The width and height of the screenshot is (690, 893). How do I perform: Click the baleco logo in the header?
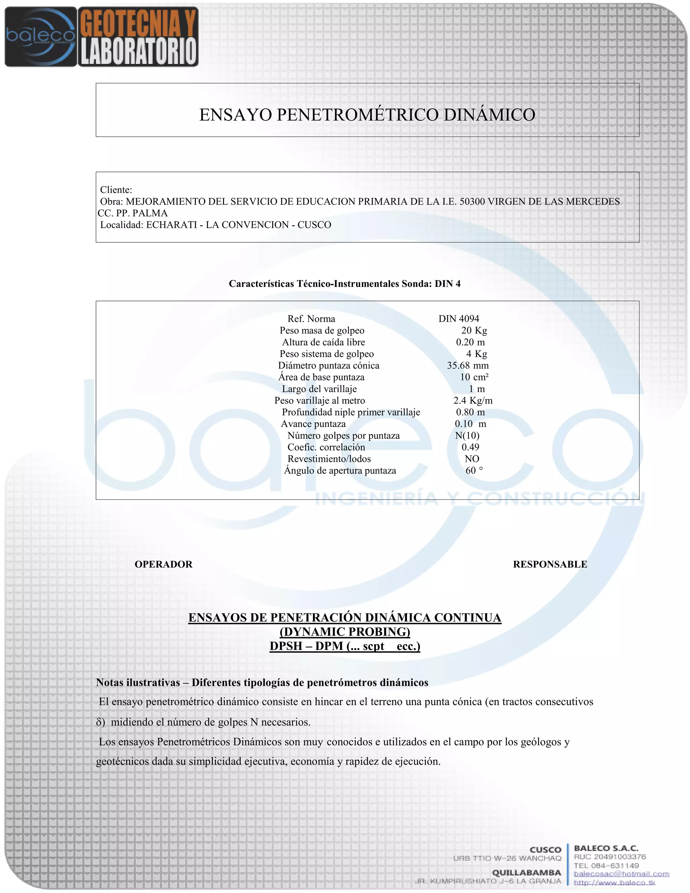pyautogui.click(x=40, y=37)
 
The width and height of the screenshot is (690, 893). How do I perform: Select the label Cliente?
pyautogui.click(x=116, y=190)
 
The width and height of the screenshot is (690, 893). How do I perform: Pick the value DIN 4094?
pyautogui.click(x=459, y=319)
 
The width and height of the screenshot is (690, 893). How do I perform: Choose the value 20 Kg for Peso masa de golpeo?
pyautogui.click(x=474, y=330)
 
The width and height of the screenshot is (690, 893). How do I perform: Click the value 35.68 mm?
pyautogui.click(x=468, y=366)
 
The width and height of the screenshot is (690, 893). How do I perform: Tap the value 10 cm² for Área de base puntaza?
pyautogui.click(x=474, y=377)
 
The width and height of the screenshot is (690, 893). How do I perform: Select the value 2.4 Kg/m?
pyautogui.click(x=473, y=401)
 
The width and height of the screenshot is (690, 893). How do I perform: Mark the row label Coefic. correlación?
pyautogui.click(x=326, y=447)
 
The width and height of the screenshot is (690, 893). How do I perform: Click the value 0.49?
pyautogui.click(x=470, y=447)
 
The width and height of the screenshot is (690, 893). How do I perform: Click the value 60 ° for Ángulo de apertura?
pyautogui.click(x=474, y=471)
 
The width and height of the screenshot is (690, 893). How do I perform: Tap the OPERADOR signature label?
pyautogui.click(x=163, y=564)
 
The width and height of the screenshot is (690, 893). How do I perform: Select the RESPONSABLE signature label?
pyautogui.click(x=550, y=564)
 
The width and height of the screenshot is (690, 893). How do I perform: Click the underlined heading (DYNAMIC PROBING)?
pyautogui.click(x=345, y=632)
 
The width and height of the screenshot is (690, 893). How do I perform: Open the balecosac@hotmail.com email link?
pyautogui.click(x=621, y=874)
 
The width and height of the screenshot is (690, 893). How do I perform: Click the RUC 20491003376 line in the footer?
pyautogui.click(x=610, y=857)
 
